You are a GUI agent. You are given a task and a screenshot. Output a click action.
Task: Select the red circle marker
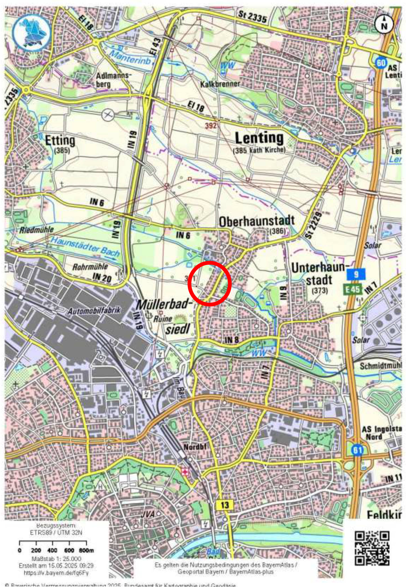point(209,284)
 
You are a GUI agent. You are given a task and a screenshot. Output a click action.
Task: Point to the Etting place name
point(60,141)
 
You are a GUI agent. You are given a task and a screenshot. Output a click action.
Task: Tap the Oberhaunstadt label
point(256,221)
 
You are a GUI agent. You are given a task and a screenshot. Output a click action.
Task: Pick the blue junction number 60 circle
point(381,63)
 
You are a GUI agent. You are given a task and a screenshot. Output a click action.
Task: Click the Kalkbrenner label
point(220,84)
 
